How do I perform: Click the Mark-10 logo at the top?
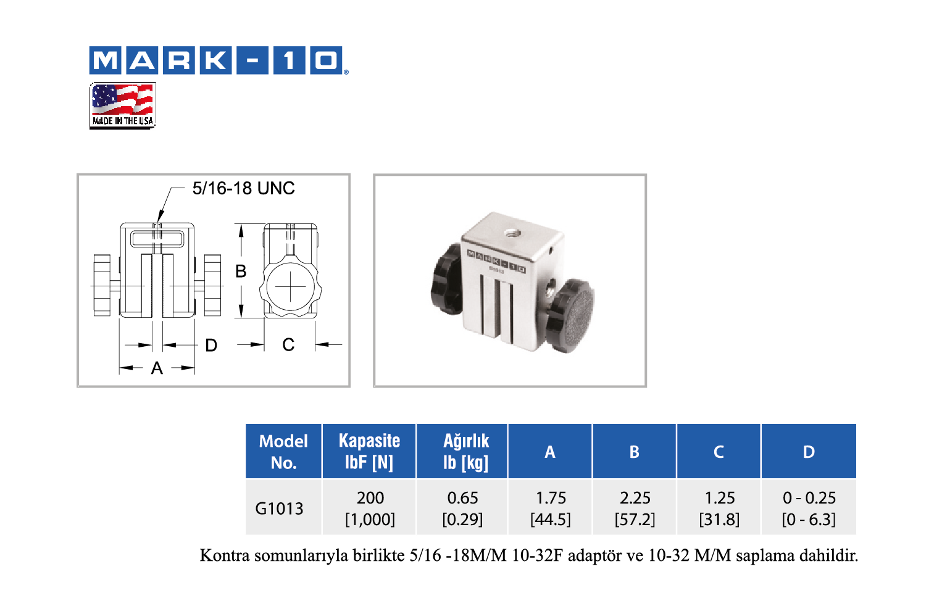coord(219,60)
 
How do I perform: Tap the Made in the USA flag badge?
coord(123,106)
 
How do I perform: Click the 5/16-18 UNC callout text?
coord(243,188)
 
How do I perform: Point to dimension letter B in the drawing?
coord(241,272)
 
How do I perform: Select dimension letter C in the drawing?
coord(288,344)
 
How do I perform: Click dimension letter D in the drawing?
coord(211,346)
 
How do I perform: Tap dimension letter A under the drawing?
coord(157,368)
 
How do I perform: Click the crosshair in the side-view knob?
coord(291,287)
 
